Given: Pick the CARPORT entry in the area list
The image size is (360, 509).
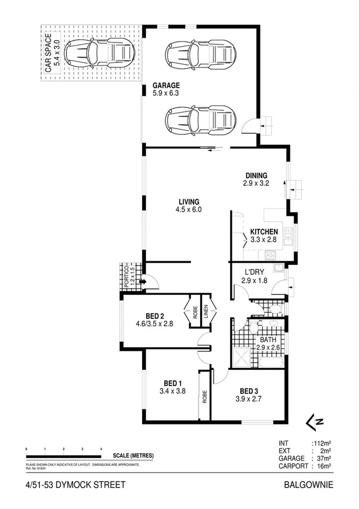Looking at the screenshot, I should coord(294,466).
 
